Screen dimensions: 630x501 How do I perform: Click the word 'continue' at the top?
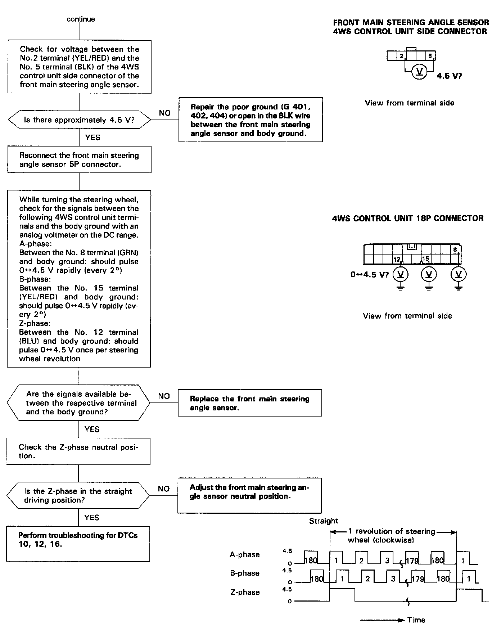[81, 19]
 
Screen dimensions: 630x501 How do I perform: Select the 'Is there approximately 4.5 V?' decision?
[79, 120]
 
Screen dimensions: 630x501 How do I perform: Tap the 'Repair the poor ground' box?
[250, 120]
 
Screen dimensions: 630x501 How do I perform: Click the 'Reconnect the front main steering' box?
[79, 160]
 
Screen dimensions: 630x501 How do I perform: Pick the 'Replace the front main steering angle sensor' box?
[250, 403]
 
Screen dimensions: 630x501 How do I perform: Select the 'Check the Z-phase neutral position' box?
[78, 451]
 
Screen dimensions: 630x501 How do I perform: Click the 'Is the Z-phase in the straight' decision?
[78, 496]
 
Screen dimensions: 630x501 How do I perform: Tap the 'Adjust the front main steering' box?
[249, 496]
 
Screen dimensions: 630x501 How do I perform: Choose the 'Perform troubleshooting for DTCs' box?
[78, 544]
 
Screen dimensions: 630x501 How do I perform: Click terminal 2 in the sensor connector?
[401, 56]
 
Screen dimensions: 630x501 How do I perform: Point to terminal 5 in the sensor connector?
[430, 56]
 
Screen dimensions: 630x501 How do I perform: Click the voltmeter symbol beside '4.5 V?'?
[419, 72]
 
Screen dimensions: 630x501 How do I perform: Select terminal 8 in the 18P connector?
[455, 249]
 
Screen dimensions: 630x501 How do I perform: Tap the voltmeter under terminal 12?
[400, 275]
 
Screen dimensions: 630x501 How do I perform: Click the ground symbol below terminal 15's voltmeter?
[429, 287]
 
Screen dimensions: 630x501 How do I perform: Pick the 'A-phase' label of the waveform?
[245, 555]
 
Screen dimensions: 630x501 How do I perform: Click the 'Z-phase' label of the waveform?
[245, 592]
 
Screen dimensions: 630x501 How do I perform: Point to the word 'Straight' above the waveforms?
[324, 521]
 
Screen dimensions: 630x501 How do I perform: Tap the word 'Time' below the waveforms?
[416, 620]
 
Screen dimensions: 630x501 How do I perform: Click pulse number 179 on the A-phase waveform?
[412, 561]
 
